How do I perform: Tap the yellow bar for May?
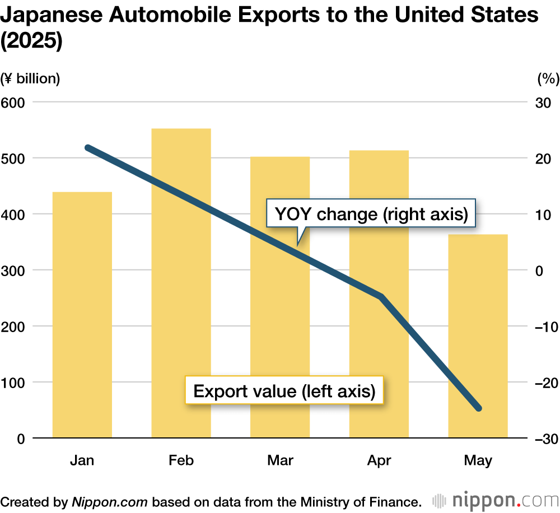[478, 336]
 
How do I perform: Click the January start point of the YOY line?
[88, 148]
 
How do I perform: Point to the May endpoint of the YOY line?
[478, 408]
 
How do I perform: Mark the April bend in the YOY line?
[381, 296]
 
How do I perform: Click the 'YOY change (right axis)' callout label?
[371, 214]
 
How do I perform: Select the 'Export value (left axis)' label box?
[284, 390]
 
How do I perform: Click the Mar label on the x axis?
[280, 460]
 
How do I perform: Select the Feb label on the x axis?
[181, 460]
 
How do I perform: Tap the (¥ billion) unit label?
[31, 78]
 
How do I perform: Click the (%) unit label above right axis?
[548, 78]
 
